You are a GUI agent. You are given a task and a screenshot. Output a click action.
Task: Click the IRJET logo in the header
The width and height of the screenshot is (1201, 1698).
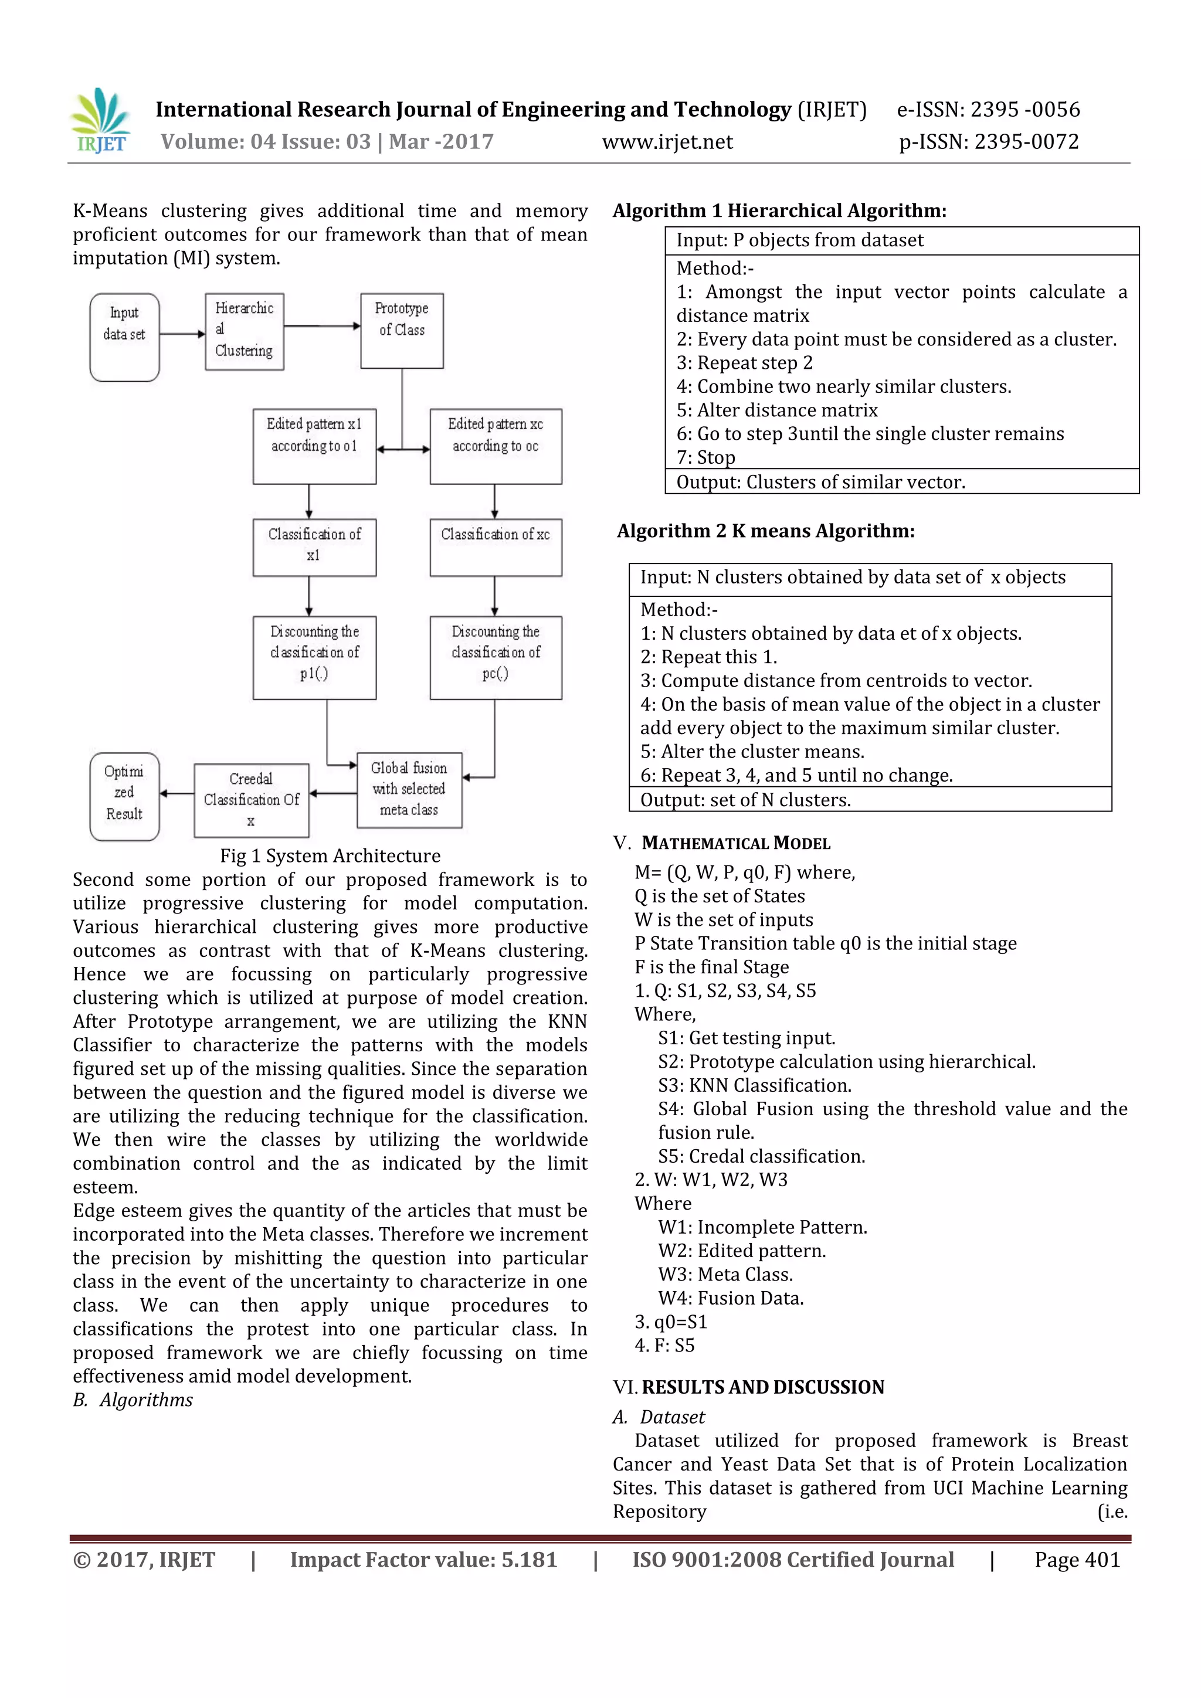tap(101, 121)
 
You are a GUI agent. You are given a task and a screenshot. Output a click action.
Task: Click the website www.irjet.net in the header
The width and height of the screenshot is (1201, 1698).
tap(667, 142)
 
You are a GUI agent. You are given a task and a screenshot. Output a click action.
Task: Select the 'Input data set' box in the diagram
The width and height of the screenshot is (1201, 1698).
tap(124, 337)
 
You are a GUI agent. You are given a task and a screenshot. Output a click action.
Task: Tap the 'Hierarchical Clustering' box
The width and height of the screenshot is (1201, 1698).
tap(244, 331)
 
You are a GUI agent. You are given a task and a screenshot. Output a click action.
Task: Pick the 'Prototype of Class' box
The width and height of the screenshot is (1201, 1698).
tap(402, 330)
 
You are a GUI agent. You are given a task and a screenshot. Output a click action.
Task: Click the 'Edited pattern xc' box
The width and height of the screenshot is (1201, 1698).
tap(496, 446)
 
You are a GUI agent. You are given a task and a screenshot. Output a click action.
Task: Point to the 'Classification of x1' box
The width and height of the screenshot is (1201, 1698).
tap(314, 547)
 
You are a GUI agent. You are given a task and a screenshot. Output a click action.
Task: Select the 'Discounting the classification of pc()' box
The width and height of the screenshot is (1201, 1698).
tap(496, 657)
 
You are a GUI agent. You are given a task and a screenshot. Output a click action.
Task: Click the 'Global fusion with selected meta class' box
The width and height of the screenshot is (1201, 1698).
tap(409, 790)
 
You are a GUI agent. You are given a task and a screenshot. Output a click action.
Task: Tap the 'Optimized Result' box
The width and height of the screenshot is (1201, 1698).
tap(124, 796)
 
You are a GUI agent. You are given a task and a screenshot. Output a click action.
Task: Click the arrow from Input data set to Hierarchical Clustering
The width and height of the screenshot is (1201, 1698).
tap(182, 334)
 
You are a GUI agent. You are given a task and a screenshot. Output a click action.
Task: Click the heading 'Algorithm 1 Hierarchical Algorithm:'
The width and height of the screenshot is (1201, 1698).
tap(779, 210)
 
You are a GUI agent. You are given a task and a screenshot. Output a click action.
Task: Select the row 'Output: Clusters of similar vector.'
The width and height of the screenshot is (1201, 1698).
tap(821, 482)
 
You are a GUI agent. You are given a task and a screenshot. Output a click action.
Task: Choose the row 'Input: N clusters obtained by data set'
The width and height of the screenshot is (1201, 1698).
tap(853, 578)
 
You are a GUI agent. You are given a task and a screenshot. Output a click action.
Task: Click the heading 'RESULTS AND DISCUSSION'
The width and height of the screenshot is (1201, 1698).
tap(762, 1387)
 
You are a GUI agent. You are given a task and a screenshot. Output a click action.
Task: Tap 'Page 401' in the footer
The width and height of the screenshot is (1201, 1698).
tap(1077, 1560)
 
